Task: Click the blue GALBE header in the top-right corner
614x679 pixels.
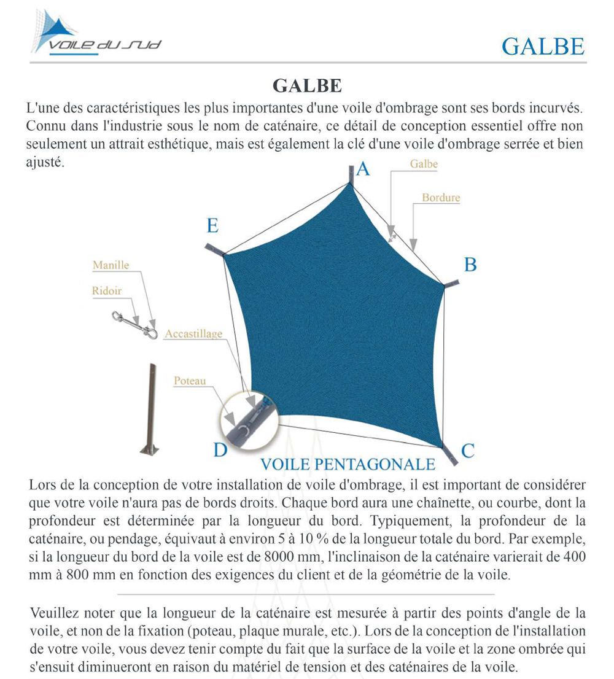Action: tap(543, 46)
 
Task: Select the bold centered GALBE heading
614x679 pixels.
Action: tap(307, 85)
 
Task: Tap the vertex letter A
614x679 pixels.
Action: tap(363, 169)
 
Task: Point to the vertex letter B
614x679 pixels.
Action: tap(470, 265)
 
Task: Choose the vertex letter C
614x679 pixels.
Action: tap(468, 451)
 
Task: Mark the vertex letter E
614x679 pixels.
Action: tap(212, 226)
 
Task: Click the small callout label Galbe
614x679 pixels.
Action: tap(424, 164)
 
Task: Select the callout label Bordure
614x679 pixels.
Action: tap(441, 198)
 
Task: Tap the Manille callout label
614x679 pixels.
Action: tap(111, 265)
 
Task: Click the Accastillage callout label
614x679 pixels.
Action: tap(193, 334)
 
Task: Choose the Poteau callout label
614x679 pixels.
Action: tap(190, 381)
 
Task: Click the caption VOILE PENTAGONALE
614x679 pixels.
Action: tap(348, 464)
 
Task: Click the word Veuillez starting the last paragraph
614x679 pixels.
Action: tap(53, 612)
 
